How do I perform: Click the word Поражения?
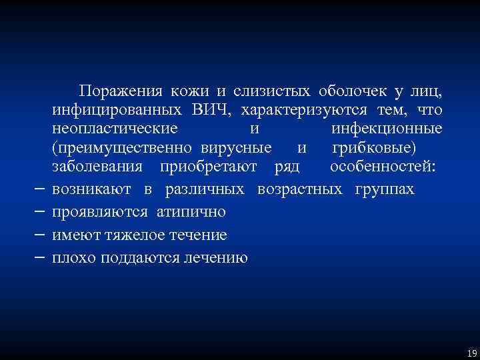[x=115, y=91]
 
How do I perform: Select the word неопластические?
[x=115, y=128]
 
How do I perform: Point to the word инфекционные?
[x=386, y=128]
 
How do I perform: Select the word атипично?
[x=191, y=213]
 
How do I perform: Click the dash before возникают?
[x=39, y=190]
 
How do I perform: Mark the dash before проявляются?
[x=39, y=213]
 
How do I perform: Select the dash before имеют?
[x=39, y=235]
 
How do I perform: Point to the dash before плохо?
[x=39, y=258]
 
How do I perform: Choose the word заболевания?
[x=97, y=165]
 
